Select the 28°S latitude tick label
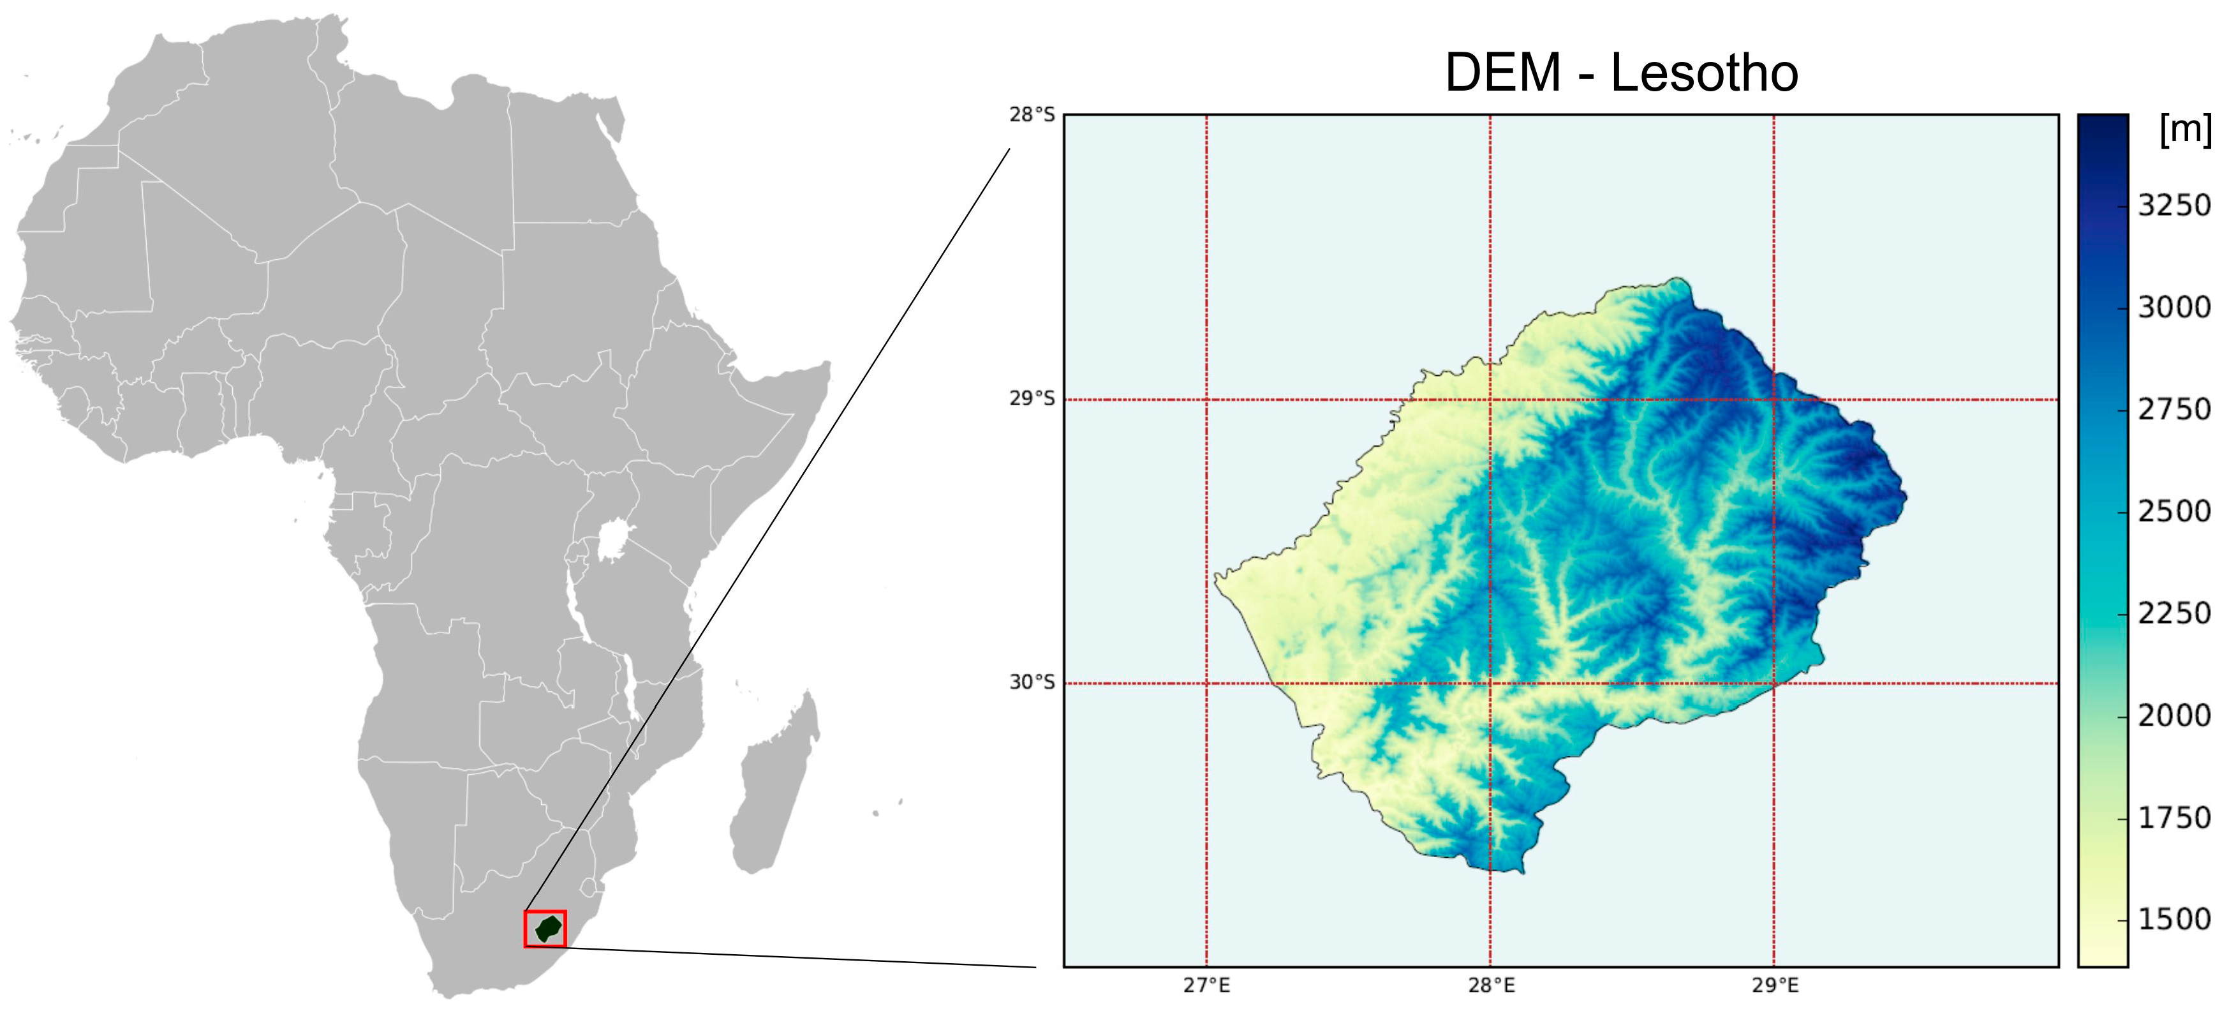1032,114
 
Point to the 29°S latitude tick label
1032,399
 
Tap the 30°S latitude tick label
1032,682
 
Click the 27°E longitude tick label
1206,985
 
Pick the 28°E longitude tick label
1491,985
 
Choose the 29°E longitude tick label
1775,985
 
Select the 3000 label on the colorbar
2173,307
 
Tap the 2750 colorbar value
2173,409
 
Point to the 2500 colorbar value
2173,511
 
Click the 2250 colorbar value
2173,614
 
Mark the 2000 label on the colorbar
2173,716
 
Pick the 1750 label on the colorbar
2173,818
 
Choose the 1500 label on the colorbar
2173,919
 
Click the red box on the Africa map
545,929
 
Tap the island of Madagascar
773,783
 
